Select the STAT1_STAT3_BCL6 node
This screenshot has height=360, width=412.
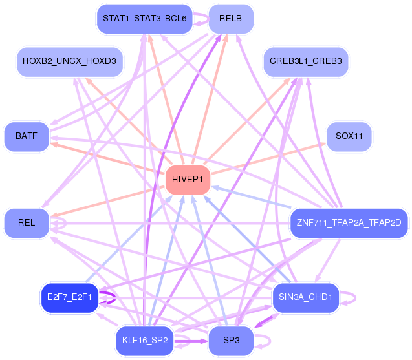coord(144,18)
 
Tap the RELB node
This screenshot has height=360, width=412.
coord(230,18)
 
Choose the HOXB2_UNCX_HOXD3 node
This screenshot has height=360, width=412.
coord(69,61)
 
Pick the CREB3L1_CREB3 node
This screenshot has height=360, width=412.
coord(306,61)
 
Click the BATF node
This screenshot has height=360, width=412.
coord(27,136)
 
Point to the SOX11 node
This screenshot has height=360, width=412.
coord(349,136)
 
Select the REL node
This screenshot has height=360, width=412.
coord(27,222)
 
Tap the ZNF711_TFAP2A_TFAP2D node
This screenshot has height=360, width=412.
coord(349,222)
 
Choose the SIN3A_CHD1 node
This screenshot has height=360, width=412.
coord(306,297)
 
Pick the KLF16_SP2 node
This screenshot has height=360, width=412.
coord(144,340)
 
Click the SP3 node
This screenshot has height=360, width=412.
coord(230,340)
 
